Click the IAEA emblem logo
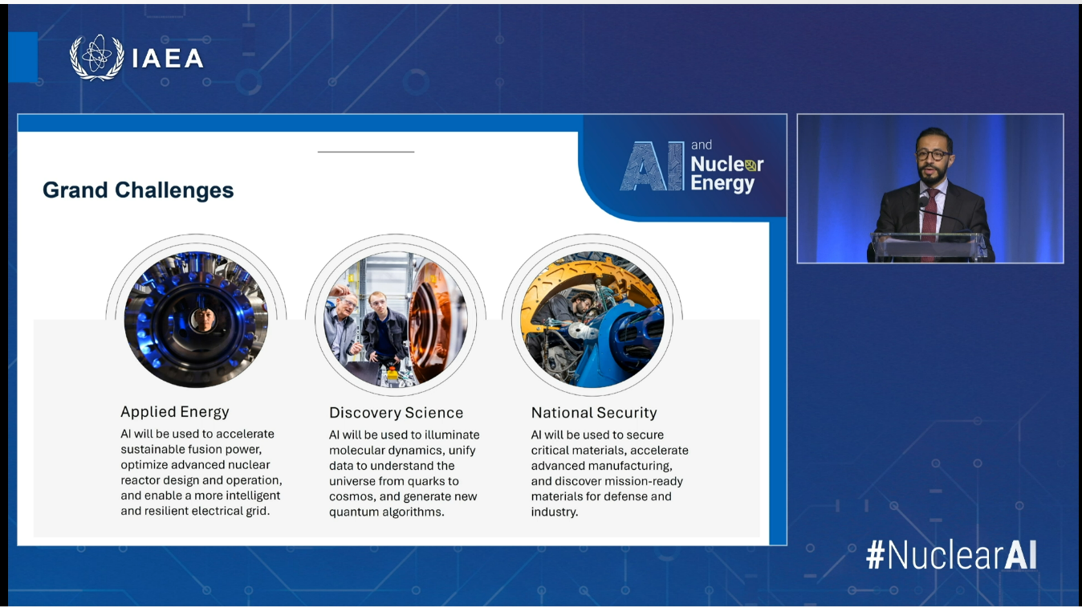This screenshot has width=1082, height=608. pyautogui.click(x=96, y=57)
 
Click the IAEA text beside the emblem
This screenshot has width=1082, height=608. pyautogui.click(x=168, y=58)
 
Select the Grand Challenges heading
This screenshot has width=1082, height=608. pyautogui.click(x=138, y=190)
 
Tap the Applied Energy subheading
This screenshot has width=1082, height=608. pyautogui.click(x=175, y=412)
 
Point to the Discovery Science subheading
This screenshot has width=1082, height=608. pyautogui.click(x=397, y=413)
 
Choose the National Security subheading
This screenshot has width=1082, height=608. pyautogui.click(x=594, y=413)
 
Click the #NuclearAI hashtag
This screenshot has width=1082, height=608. pyautogui.click(x=951, y=555)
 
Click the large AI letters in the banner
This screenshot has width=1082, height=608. pyautogui.click(x=652, y=166)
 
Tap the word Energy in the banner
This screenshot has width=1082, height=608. pyautogui.click(x=722, y=184)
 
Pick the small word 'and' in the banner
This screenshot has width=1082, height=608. pyautogui.click(x=702, y=145)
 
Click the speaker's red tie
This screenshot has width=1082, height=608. pyautogui.click(x=929, y=214)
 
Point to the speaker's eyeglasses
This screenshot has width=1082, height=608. pyautogui.click(x=933, y=154)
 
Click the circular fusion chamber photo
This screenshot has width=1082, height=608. pyautogui.click(x=197, y=320)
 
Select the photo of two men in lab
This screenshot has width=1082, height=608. pyautogui.click(x=396, y=320)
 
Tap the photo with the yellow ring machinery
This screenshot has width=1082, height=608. pyautogui.click(x=592, y=320)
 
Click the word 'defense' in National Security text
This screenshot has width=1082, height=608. pyautogui.click(x=628, y=496)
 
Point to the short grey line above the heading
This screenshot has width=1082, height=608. pyautogui.click(x=366, y=152)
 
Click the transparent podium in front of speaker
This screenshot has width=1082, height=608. pyautogui.click(x=929, y=246)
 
